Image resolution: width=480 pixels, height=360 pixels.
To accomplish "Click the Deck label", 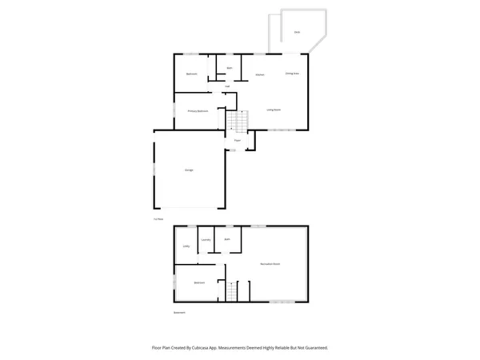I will click(x=297, y=32).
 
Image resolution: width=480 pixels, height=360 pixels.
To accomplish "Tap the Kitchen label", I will click(x=260, y=75).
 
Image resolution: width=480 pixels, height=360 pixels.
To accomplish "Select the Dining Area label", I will click(x=292, y=74).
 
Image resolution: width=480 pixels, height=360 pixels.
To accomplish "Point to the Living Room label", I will click(x=273, y=109).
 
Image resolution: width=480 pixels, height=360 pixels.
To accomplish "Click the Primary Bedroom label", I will click(x=198, y=110).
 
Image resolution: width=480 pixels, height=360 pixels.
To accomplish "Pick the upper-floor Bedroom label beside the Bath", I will click(x=192, y=74).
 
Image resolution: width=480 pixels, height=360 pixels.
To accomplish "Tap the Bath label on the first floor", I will click(x=230, y=68).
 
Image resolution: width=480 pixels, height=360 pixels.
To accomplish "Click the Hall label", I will click(x=227, y=86).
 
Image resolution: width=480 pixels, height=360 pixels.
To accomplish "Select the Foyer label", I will click(x=238, y=140).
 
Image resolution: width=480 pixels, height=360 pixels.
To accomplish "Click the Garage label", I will click(x=190, y=170).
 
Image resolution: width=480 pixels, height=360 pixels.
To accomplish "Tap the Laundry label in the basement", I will click(x=206, y=240).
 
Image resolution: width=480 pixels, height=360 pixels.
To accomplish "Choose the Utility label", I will click(x=186, y=246).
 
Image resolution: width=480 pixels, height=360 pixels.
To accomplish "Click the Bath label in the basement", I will click(x=227, y=239).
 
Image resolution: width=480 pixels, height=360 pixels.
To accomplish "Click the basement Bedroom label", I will click(x=200, y=282).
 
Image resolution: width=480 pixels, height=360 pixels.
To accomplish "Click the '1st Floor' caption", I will click(x=158, y=218).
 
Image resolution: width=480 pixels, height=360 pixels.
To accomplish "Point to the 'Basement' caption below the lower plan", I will click(x=179, y=313).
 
